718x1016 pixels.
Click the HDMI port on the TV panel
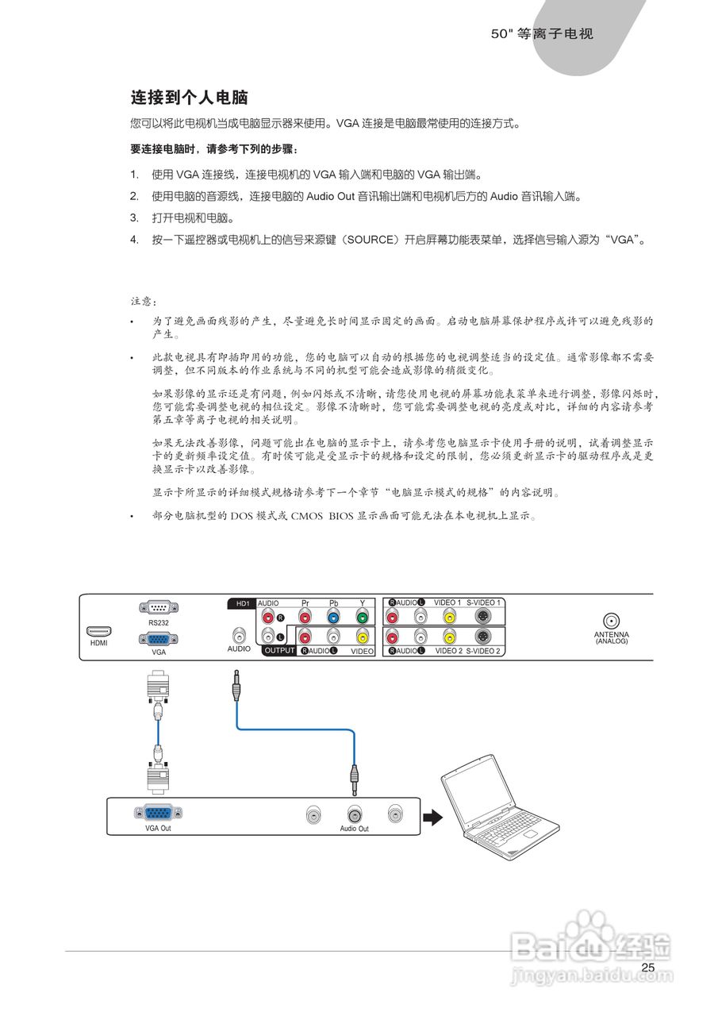[99, 631]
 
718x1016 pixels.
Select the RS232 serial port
[159, 607]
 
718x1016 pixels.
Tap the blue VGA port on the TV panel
[159, 639]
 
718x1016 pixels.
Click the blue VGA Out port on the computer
[159, 813]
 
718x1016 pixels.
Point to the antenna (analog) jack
[611, 622]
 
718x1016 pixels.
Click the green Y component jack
[362, 618]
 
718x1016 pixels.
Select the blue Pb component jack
[333, 618]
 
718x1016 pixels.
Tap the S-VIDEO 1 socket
[482, 618]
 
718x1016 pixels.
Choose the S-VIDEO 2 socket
[482, 636]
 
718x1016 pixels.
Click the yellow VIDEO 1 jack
[449, 618]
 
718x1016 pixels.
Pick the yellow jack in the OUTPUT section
[362, 636]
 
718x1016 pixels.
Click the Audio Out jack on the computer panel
[354, 814]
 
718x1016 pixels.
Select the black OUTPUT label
[279, 650]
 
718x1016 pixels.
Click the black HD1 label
[243, 603]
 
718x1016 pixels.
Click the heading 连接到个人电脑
[189, 98]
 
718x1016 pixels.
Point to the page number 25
[648, 968]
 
